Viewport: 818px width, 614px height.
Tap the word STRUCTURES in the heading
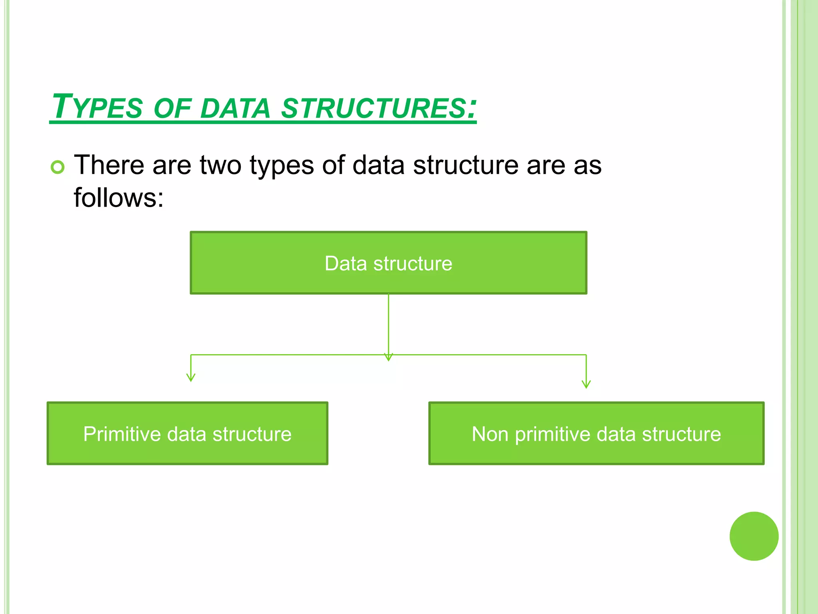click(x=373, y=108)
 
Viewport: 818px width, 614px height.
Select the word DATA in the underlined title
click(x=235, y=108)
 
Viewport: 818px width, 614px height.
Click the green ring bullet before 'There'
click(x=58, y=167)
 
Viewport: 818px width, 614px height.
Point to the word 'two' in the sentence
click(x=220, y=165)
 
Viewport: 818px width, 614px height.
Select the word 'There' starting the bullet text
click(x=109, y=165)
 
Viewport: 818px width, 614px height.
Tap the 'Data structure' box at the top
click(x=388, y=263)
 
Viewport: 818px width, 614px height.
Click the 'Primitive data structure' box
click(x=187, y=433)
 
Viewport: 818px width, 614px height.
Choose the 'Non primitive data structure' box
click(x=596, y=433)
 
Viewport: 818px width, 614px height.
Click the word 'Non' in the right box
click(x=490, y=434)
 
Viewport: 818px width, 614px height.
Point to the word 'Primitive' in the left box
click(x=122, y=434)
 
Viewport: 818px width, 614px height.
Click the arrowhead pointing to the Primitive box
click(x=191, y=377)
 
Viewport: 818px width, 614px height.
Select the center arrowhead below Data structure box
click(x=388, y=357)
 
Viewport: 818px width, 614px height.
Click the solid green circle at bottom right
click(x=754, y=536)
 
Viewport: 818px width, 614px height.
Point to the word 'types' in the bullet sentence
click(x=282, y=166)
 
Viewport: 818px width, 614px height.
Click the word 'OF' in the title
click(x=172, y=108)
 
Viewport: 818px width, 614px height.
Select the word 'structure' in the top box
click(x=413, y=264)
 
